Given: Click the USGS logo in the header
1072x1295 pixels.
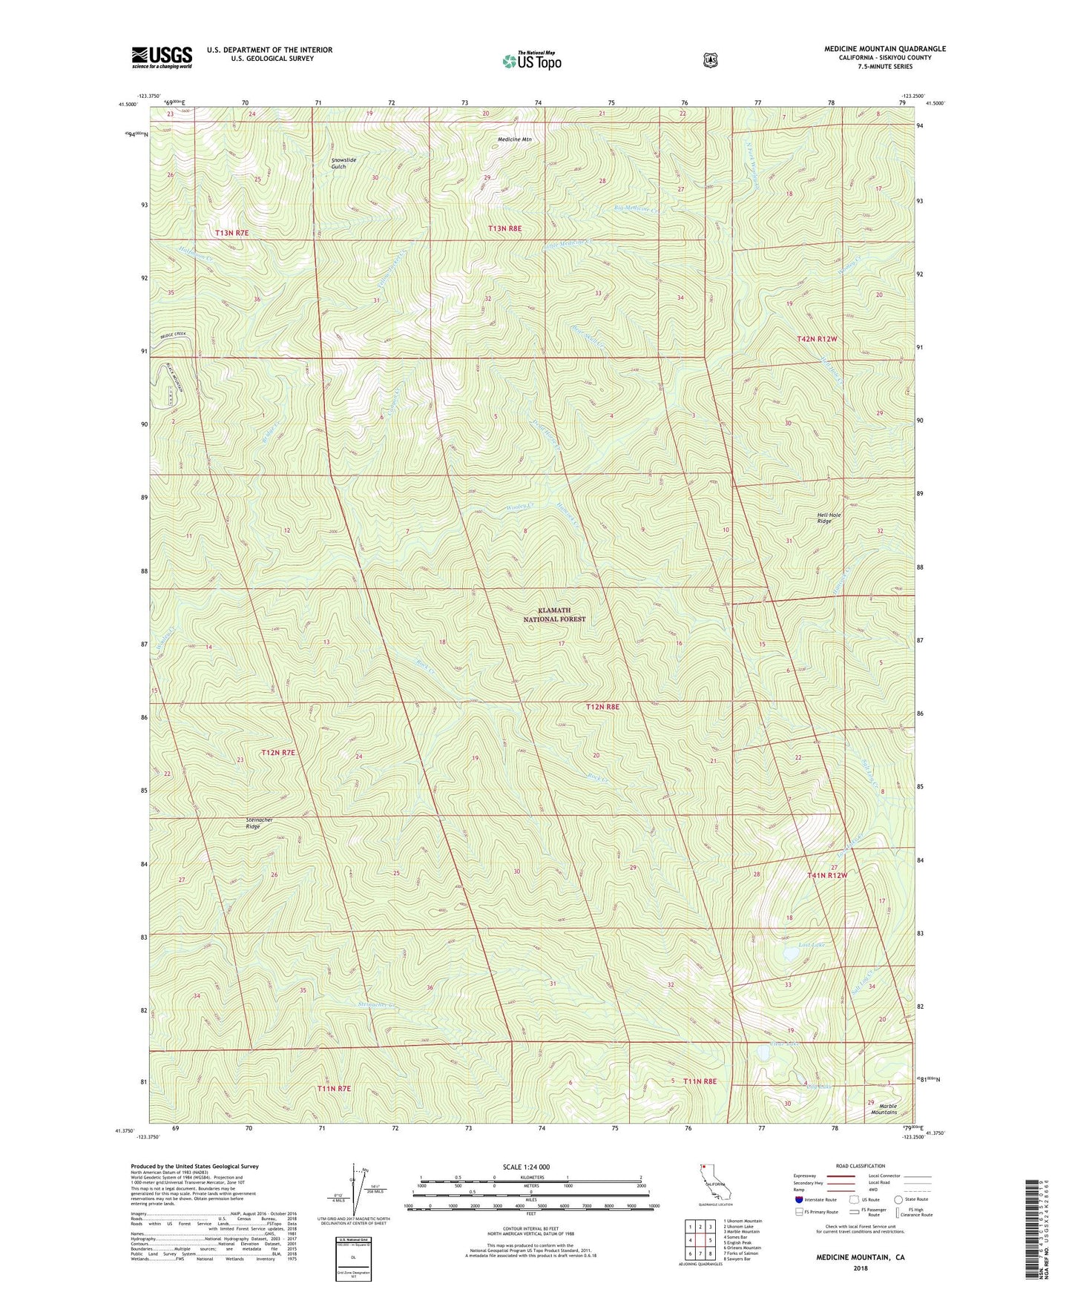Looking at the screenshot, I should [x=162, y=57].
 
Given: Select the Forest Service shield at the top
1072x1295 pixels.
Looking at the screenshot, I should [x=710, y=60].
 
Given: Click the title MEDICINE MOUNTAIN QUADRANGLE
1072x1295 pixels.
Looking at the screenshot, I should [x=884, y=49].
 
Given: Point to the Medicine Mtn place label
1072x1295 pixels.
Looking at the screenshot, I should [x=515, y=139].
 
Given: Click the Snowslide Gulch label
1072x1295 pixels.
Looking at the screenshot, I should [x=343, y=163].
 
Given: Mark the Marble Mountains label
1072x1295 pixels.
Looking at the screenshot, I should [x=884, y=1109].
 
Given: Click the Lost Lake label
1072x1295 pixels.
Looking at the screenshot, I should [x=812, y=945].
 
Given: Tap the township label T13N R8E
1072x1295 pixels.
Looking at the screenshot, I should [x=504, y=229].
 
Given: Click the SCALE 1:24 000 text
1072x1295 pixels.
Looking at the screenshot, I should [x=526, y=1167].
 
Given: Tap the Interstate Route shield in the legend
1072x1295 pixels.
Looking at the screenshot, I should [x=799, y=1199].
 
